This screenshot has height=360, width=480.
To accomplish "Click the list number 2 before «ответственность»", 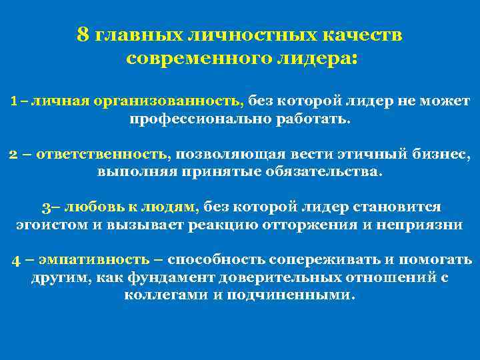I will (x=13, y=155).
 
